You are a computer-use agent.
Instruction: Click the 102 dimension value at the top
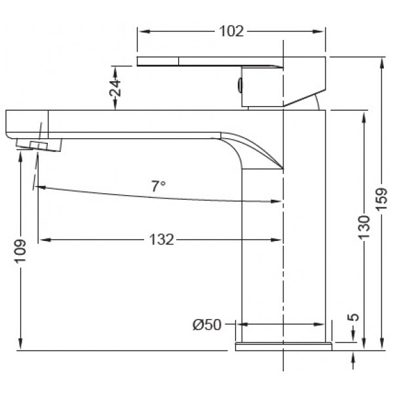231,31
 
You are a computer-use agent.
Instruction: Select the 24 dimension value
116,88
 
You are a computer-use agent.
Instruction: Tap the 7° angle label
158,186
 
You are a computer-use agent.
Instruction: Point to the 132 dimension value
160,240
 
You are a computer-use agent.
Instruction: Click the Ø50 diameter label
206,324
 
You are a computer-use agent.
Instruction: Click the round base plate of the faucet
283,346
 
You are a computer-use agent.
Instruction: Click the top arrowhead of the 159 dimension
383,61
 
